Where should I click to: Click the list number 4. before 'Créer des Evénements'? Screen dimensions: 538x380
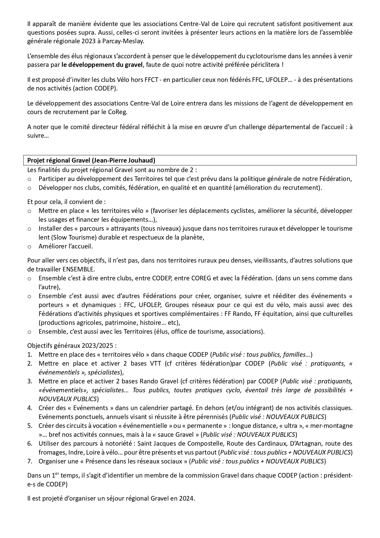pyautogui.click(x=30, y=408)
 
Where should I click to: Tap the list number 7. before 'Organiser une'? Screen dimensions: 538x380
pyautogui.click(x=30, y=461)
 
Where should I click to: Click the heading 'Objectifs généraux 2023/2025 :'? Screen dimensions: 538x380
pyautogui.click(x=72, y=346)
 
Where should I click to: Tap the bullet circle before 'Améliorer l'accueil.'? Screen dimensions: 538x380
pyautogui.click(x=29, y=246)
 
